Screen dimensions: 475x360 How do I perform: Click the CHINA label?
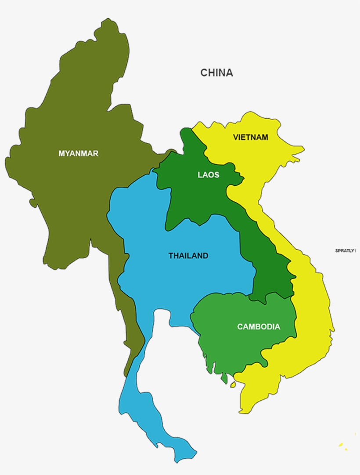click(216, 73)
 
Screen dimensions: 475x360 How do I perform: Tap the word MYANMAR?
click(78, 153)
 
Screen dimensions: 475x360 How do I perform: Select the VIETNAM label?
click(250, 138)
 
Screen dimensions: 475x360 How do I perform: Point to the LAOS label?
click(208, 175)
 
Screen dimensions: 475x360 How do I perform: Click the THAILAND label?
click(188, 256)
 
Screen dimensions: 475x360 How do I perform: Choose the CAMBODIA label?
click(258, 326)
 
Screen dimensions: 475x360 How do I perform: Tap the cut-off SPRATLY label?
click(345, 250)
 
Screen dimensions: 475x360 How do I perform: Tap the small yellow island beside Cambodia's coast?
click(233, 384)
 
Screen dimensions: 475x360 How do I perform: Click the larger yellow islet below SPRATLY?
click(340, 445)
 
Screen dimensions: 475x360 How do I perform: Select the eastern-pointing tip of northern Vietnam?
click(303, 150)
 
